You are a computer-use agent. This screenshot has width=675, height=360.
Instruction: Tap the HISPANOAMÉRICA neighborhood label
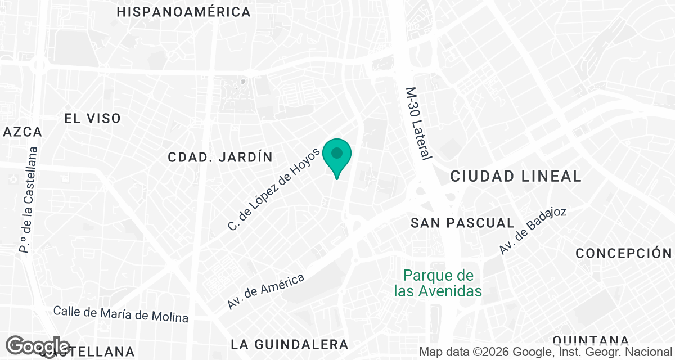[183, 12]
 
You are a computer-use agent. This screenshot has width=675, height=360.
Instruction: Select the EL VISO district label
[92, 118]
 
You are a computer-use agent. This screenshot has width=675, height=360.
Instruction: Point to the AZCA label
[22, 132]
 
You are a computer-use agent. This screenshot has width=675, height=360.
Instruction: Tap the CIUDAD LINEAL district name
[516, 176]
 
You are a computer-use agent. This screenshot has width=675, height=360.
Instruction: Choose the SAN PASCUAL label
[462, 223]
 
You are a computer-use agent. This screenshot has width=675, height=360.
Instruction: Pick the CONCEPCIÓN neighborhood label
[624, 253]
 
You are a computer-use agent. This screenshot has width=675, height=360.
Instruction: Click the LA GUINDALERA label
[290, 344]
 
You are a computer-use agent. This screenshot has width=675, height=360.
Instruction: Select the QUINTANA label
[590, 340]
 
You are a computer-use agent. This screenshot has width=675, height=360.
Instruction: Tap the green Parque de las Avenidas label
[438, 283]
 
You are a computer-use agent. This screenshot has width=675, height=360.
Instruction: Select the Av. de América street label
[266, 291]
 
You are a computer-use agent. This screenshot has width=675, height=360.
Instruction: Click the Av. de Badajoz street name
[533, 231]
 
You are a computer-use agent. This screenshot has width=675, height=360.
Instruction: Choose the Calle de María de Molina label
[121, 314]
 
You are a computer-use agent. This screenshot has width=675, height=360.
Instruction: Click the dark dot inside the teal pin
[337, 153]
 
